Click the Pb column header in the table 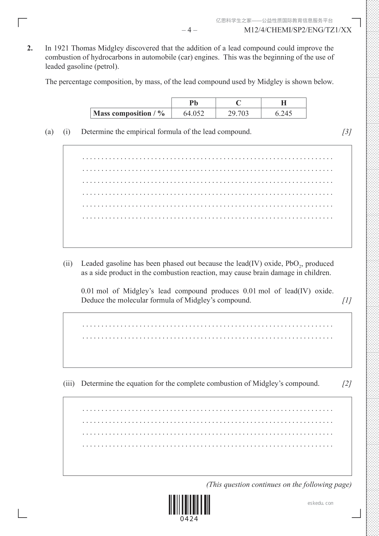[x=193, y=103]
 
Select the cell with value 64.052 [x=193, y=113]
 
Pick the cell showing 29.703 [x=238, y=113]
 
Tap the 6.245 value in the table [x=284, y=113]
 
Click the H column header [x=284, y=103]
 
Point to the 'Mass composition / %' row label [x=129, y=113]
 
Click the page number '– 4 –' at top [x=189, y=30]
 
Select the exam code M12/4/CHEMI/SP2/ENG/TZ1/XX [x=298, y=30]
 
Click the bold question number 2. [x=30, y=48]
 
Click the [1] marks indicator [x=347, y=300]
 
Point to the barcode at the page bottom [x=189, y=505]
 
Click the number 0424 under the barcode [x=189, y=519]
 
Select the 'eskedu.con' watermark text [x=320, y=503]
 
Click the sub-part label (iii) [x=69, y=384]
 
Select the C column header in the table [x=238, y=103]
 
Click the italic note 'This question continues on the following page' [x=279, y=485]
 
